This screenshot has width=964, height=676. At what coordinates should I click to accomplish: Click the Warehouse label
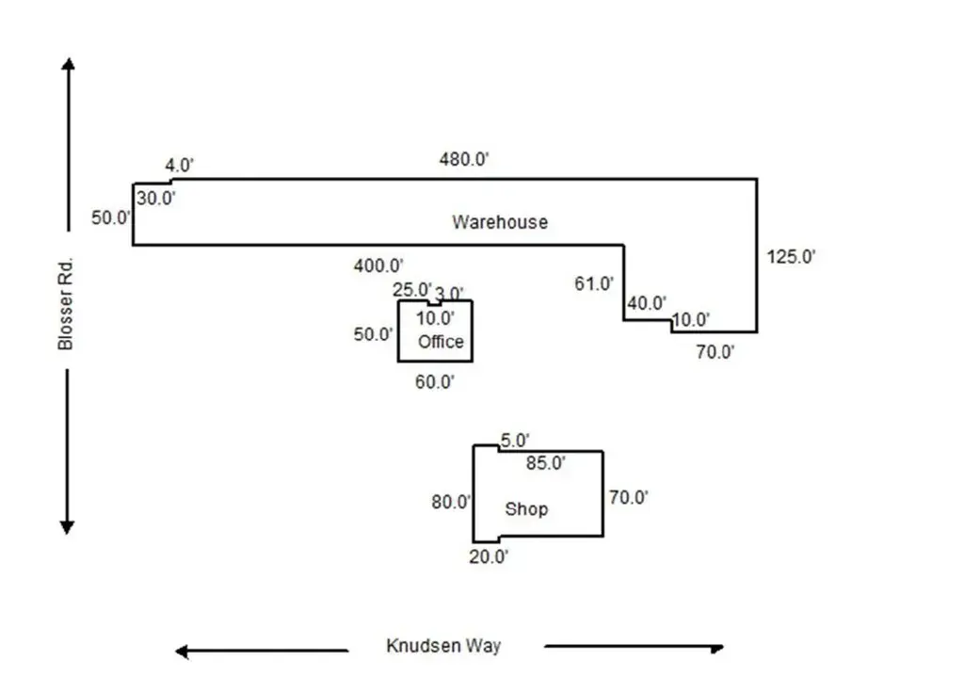click(x=499, y=222)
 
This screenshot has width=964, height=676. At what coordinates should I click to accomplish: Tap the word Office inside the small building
click(x=441, y=341)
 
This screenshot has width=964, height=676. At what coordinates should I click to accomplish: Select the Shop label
click(x=526, y=509)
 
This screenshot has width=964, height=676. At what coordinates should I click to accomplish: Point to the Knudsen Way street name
click(x=443, y=646)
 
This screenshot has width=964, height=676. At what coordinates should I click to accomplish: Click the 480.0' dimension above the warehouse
click(x=464, y=159)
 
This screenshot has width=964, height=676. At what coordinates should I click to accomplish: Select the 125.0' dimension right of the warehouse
click(x=791, y=256)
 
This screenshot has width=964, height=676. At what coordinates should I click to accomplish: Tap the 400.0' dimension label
click(x=378, y=266)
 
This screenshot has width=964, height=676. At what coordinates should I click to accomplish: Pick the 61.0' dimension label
click(x=594, y=282)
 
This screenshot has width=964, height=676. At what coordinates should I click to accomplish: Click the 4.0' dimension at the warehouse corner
click(x=180, y=166)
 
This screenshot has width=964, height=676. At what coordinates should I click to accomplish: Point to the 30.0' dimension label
click(x=156, y=198)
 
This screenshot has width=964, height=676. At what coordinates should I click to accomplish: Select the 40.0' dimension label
click(x=647, y=303)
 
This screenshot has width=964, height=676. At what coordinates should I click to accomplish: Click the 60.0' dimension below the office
click(x=434, y=381)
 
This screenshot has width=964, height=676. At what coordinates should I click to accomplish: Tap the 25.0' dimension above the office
click(x=411, y=289)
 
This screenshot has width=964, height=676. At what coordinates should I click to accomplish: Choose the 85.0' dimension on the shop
click(x=545, y=462)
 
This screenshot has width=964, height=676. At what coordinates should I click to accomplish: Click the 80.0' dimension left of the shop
click(x=451, y=502)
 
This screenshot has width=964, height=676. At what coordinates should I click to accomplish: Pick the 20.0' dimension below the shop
click(x=490, y=556)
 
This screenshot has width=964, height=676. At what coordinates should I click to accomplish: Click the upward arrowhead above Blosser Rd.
click(x=68, y=64)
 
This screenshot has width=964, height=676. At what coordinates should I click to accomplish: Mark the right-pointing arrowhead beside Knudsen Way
click(x=717, y=648)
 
